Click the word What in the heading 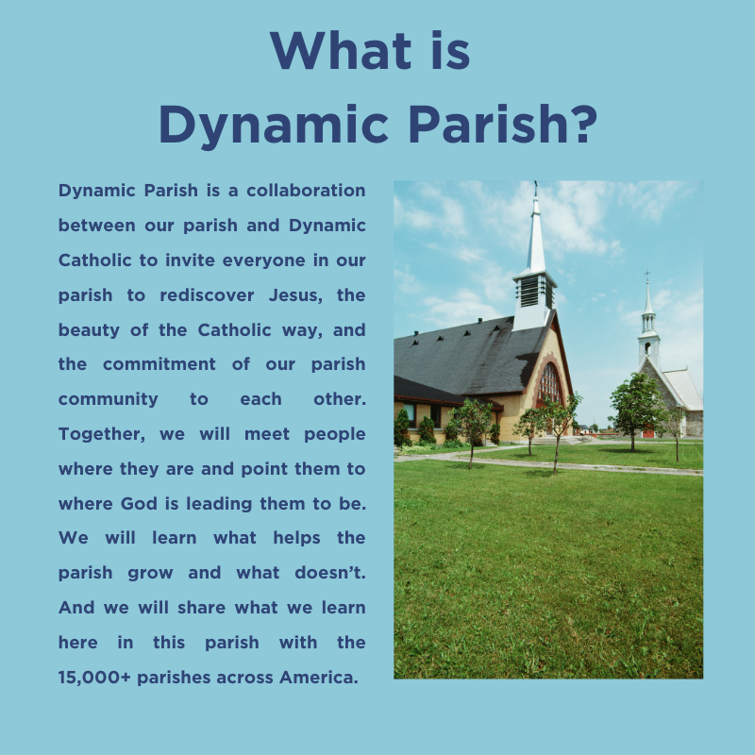341,51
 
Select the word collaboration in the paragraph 306,191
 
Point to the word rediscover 207,294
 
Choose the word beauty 89,330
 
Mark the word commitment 159,364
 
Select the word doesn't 330,573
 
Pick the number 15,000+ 94,678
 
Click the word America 318,677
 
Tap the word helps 296,538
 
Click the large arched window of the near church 549,384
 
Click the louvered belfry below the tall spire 534,292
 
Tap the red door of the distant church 648,431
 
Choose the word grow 150,574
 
